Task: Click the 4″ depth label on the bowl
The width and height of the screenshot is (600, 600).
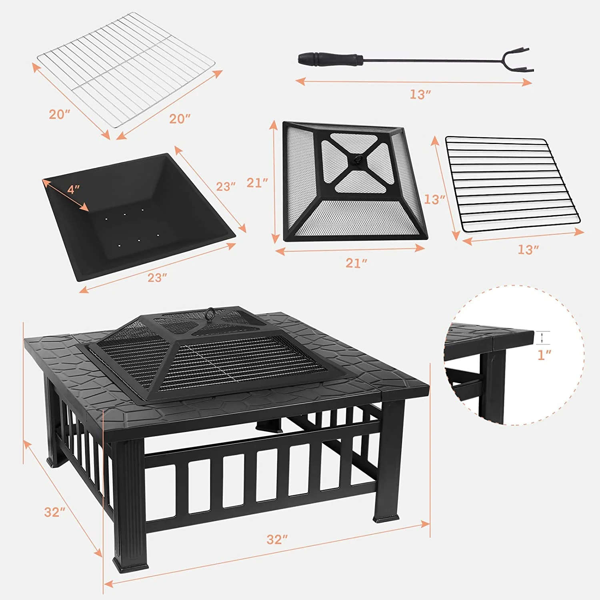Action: click(x=74, y=189)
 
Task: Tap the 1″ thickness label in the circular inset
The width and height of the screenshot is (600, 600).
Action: click(x=544, y=354)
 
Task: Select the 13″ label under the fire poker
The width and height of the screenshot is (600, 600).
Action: click(x=420, y=94)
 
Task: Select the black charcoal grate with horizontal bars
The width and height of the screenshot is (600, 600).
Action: click(x=512, y=184)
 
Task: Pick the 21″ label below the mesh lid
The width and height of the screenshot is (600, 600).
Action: click(x=356, y=263)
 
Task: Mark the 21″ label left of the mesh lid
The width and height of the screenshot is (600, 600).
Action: click(x=257, y=183)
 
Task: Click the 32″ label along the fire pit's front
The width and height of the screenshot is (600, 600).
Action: click(x=277, y=539)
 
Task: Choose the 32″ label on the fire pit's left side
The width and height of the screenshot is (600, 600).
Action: click(x=54, y=512)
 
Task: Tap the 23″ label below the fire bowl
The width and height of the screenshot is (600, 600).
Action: click(x=157, y=277)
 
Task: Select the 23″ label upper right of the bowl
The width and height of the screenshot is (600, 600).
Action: click(x=226, y=186)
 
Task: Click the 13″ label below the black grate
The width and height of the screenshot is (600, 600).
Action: click(x=528, y=250)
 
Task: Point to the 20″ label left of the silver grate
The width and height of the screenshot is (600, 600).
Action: click(x=59, y=114)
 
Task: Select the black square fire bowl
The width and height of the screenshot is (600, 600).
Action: click(x=136, y=216)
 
